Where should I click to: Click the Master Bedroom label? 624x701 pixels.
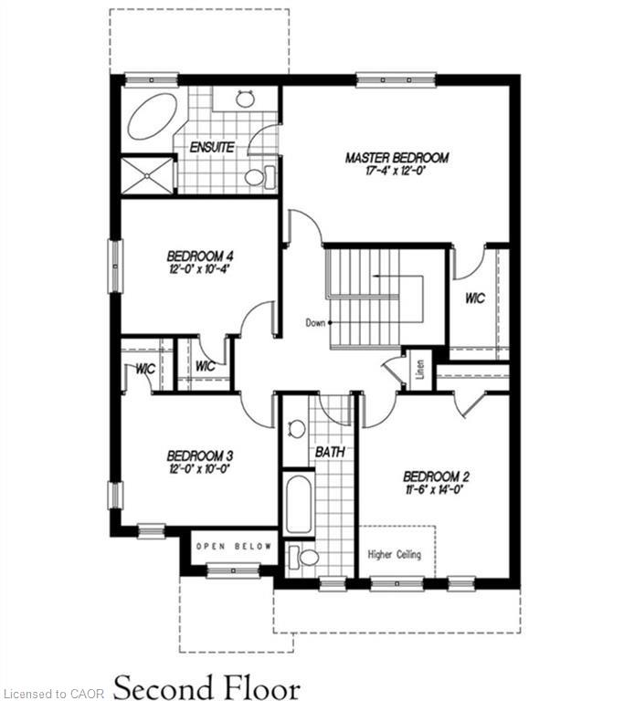click(x=397, y=158)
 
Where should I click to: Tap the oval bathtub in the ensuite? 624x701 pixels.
click(x=153, y=116)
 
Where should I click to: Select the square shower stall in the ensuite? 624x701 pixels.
click(x=147, y=175)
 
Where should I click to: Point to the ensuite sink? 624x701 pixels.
click(x=245, y=99)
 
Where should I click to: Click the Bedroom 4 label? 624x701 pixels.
click(x=200, y=256)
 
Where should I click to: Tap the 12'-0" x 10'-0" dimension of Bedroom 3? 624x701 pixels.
click(x=199, y=469)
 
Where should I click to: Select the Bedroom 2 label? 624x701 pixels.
click(x=436, y=476)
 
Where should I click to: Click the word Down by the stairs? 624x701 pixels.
click(x=315, y=322)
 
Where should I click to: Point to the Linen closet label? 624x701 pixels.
click(x=420, y=370)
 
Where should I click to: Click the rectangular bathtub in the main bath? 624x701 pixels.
click(x=299, y=504)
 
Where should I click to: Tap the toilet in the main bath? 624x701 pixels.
click(x=303, y=557)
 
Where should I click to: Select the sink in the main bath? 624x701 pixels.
click(x=296, y=429)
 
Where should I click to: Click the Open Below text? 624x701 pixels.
click(x=234, y=546)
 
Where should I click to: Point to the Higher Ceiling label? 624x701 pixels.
click(x=395, y=555)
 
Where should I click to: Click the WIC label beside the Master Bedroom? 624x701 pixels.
click(x=475, y=298)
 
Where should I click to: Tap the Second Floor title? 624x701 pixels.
click(x=206, y=687)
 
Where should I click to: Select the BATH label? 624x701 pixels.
click(x=331, y=452)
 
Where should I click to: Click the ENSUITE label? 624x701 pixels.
click(x=212, y=147)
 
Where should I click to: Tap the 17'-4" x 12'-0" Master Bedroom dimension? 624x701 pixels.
click(x=396, y=171)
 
